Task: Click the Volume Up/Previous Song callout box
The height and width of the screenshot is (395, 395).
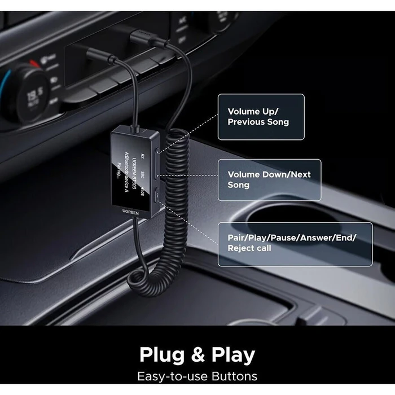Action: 261,117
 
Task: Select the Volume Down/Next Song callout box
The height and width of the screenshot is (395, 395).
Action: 269,179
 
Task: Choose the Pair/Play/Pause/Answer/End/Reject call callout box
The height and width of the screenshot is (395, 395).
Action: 295,243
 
